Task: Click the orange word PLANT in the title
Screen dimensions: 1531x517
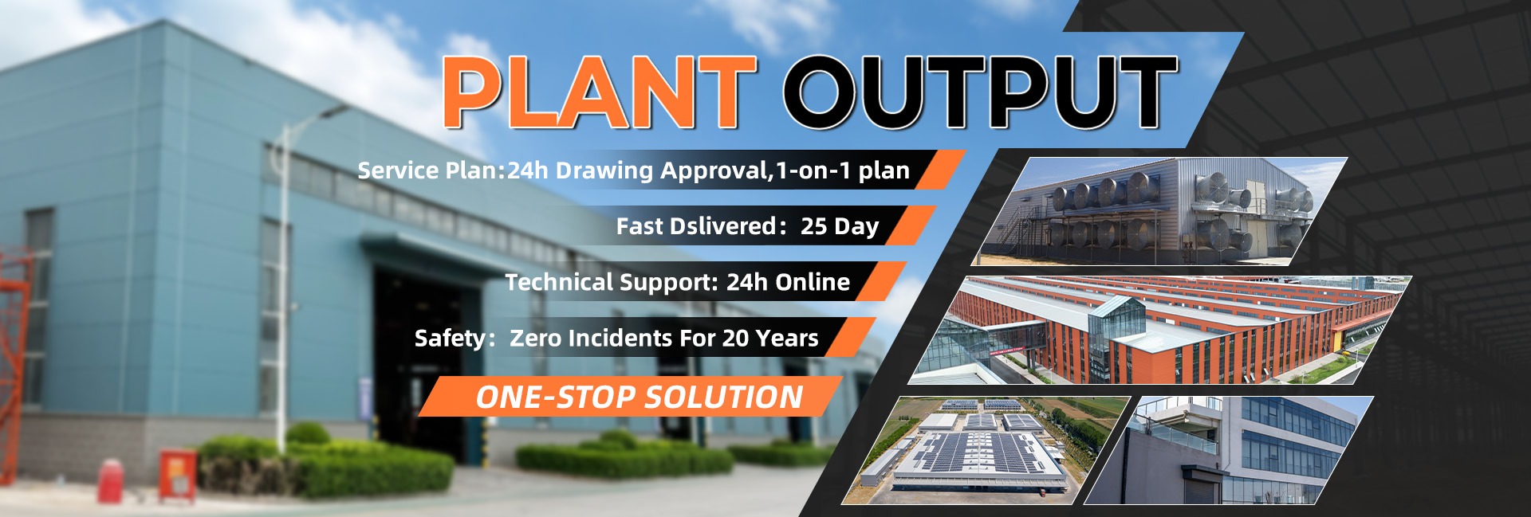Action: pyautogui.click(x=600, y=92)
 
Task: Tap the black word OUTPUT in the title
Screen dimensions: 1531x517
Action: pyautogui.click(x=980, y=92)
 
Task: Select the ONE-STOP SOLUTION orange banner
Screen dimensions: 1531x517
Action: pyautogui.click(x=630, y=397)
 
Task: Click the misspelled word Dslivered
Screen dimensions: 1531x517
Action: pyautogui.click(x=722, y=226)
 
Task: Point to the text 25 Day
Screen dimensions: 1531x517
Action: pyautogui.click(x=840, y=227)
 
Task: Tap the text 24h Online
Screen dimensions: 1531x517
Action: pyautogui.click(x=788, y=282)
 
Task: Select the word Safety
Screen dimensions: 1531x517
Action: pyautogui.click(x=450, y=339)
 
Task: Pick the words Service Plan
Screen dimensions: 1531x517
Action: pyautogui.click(x=427, y=170)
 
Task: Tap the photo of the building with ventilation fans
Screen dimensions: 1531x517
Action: pyautogui.click(x=1159, y=211)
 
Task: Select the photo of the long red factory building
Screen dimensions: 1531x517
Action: pyautogui.click(x=1160, y=330)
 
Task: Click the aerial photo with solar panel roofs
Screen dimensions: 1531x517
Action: pyautogui.click(x=986, y=450)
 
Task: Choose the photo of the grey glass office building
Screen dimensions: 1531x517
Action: pyautogui.click(x=1229, y=450)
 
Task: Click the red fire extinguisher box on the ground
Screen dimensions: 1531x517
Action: pyautogui.click(x=177, y=476)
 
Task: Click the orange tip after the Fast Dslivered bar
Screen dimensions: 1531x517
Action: pyautogui.click(x=911, y=225)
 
